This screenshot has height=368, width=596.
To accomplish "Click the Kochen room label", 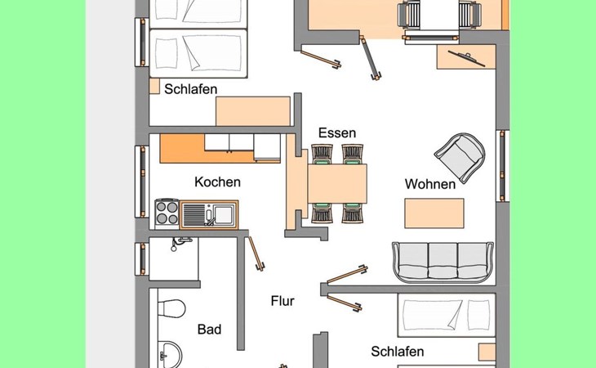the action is click(217, 182).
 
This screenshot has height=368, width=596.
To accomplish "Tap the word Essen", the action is click(337, 132).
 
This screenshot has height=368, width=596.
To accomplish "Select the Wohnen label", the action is click(430, 184).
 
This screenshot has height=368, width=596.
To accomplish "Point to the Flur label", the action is click(282, 301).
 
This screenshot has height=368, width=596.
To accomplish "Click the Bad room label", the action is click(209, 330).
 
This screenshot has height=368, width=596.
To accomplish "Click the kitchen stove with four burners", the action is click(167, 214).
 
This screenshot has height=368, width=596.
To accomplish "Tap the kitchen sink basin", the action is click(225, 214).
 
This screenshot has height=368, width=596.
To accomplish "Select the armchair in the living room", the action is click(460, 157).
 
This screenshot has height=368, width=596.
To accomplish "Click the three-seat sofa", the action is click(443, 263).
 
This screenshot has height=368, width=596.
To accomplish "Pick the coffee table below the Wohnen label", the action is click(434, 213).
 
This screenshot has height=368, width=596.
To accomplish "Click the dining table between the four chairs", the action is click(337, 183).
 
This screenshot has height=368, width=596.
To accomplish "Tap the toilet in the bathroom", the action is click(171, 307).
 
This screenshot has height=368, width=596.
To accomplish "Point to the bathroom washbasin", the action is click(170, 354).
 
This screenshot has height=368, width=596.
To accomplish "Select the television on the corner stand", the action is click(467, 58).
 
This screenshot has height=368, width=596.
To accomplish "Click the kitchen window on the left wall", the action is click(142, 182).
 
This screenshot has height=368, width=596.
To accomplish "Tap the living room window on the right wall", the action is click(502, 166).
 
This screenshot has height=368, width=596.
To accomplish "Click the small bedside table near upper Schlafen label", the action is click(154, 86).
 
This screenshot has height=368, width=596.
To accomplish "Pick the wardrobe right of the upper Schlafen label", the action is click(253, 111).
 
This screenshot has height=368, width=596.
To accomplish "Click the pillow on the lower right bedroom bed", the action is click(478, 314).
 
